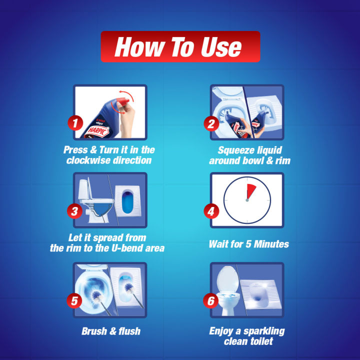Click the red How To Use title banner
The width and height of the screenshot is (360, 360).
click(180, 47)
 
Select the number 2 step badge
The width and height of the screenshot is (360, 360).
click(211, 122)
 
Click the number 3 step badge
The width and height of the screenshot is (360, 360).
click(74, 211)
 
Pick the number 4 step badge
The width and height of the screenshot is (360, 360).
click(211, 211)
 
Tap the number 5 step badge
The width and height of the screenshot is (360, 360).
click(74, 300)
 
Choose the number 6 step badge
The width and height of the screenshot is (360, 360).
click(211, 300)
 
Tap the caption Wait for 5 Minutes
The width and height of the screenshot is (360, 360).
click(248, 244)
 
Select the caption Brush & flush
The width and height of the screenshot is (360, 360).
click(110, 331)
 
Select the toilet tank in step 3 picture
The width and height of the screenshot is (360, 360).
click(84, 188)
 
